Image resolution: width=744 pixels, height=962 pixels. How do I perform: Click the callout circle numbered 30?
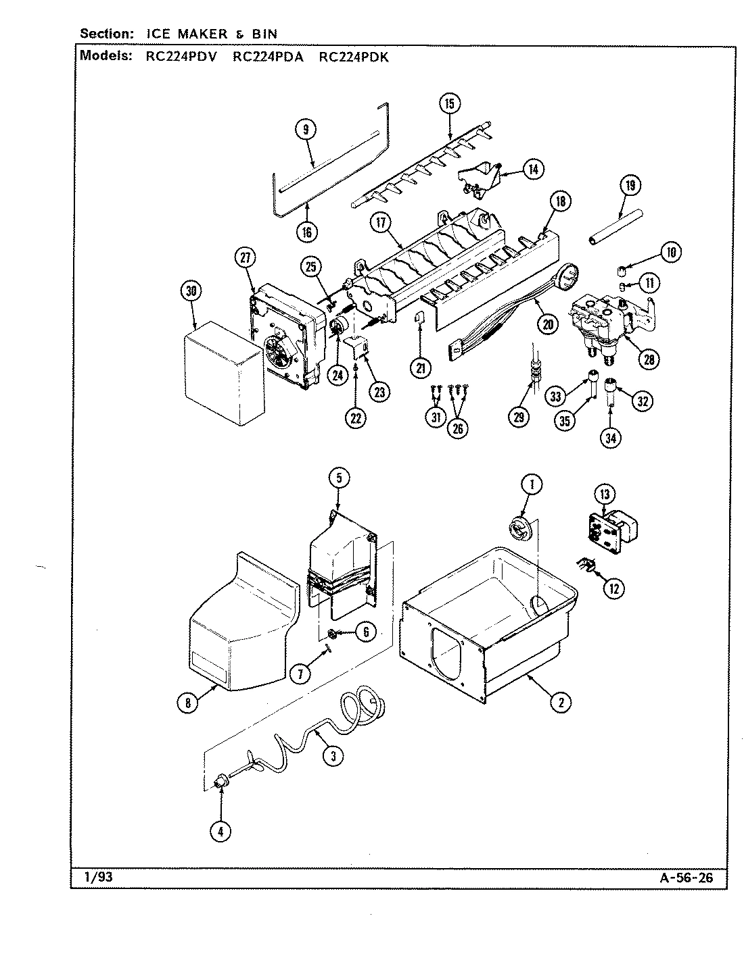[x=192, y=291]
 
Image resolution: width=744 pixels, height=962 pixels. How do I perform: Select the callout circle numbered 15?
[x=449, y=103]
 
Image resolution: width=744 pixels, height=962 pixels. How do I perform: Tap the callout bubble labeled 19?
[x=629, y=186]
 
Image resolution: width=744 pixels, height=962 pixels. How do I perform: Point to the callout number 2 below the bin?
[x=560, y=703]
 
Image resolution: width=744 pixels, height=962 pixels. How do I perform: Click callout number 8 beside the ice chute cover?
[x=188, y=703]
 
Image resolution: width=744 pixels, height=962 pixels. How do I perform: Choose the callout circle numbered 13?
[x=605, y=495]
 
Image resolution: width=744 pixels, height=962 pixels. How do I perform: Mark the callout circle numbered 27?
[x=245, y=257]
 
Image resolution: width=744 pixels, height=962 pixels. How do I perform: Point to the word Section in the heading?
[x=103, y=33]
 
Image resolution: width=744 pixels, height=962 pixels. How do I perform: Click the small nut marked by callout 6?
[x=333, y=634]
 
